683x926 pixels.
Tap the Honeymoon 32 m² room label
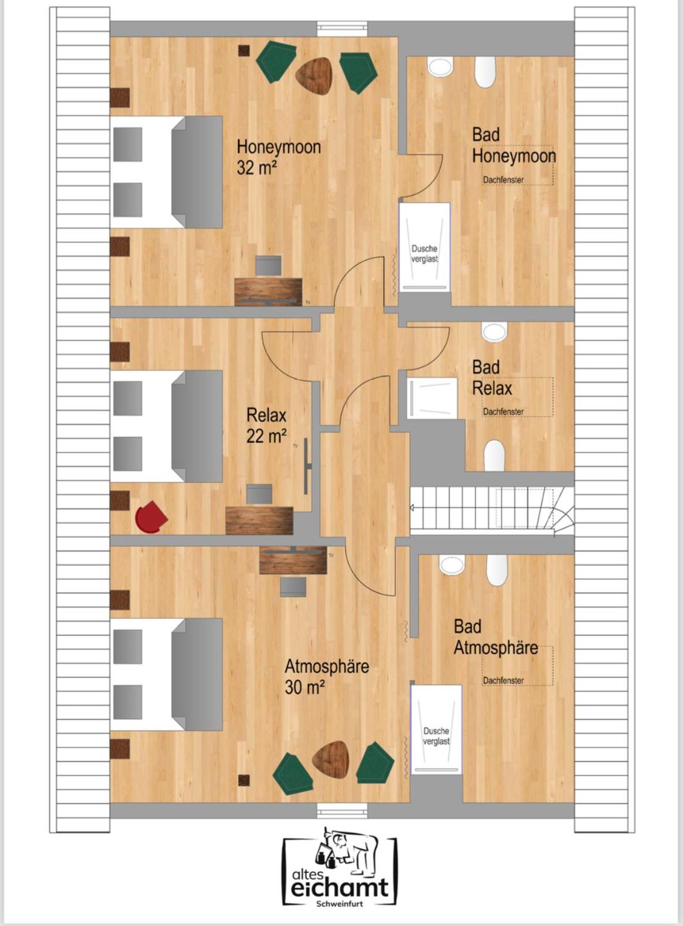[x=278, y=157]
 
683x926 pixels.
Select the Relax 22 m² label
[x=266, y=426]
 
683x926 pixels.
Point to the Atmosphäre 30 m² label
[x=326, y=677]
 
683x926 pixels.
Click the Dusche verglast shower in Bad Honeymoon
[x=424, y=247]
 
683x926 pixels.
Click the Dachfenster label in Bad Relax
[x=503, y=412]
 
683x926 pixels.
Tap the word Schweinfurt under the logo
[x=339, y=904]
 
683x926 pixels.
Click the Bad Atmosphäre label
[x=495, y=637]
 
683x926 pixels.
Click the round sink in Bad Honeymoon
[x=440, y=66]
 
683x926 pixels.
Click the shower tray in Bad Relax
[x=432, y=398]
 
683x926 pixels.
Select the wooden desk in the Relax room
[x=259, y=520]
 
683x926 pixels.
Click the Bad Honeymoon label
[x=513, y=145]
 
